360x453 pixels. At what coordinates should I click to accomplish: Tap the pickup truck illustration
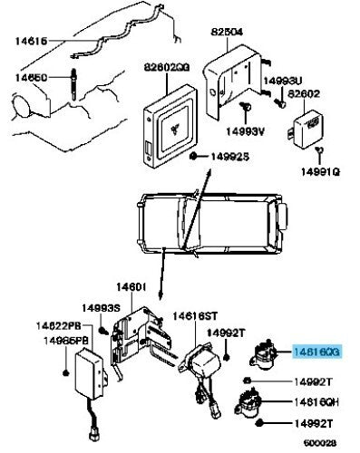click(x=212, y=221)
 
